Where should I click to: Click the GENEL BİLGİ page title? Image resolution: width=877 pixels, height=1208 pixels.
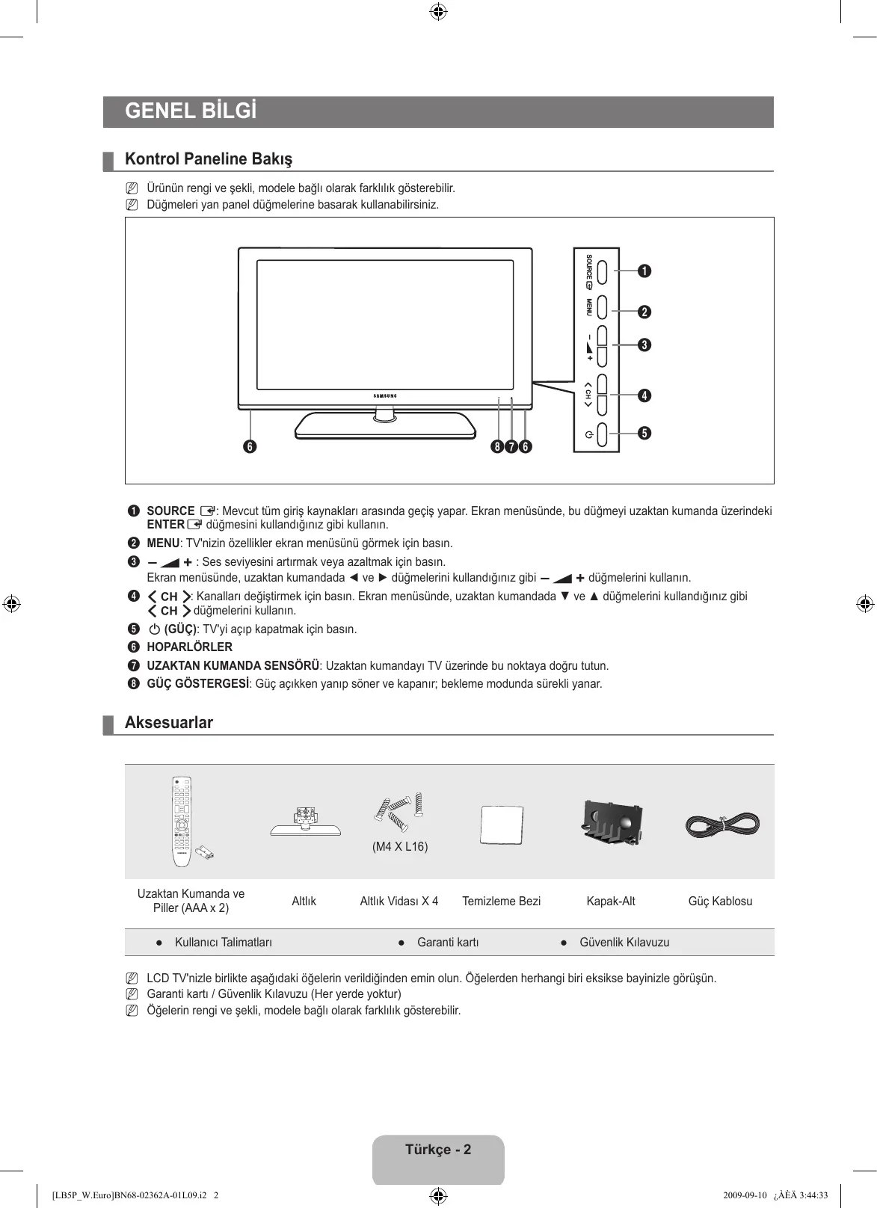pos(191,111)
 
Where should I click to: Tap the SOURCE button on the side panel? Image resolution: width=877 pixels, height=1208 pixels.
pos(603,271)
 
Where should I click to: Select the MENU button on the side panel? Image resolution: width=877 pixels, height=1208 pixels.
pos(603,306)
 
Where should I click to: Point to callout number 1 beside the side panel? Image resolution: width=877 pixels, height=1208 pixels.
pos(644,271)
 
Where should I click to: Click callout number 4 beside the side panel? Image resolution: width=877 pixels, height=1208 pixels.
pos(644,395)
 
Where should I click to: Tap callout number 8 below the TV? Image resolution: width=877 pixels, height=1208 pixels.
pos(497,447)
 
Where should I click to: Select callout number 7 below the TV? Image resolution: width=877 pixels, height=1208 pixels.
pos(511,447)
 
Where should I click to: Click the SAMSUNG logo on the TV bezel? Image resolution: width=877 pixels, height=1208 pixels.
pos(385,395)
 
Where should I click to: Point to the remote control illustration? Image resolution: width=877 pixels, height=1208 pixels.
pos(182,821)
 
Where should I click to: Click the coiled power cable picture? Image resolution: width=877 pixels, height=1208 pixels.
pos(722,825)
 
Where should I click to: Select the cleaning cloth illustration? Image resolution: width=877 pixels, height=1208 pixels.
pos(501,825)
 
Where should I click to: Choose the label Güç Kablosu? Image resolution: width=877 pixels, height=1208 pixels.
pos(720,901)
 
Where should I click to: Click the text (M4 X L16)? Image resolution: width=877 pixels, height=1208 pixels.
pos(400,847)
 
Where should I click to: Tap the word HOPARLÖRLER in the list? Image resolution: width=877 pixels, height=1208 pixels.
pos(189,647)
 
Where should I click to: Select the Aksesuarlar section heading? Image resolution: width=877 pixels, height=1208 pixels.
pos(169,723)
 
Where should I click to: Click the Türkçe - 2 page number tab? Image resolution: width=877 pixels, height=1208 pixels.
pos(438,1150)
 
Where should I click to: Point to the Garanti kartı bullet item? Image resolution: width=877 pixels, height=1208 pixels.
pos(447,943)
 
